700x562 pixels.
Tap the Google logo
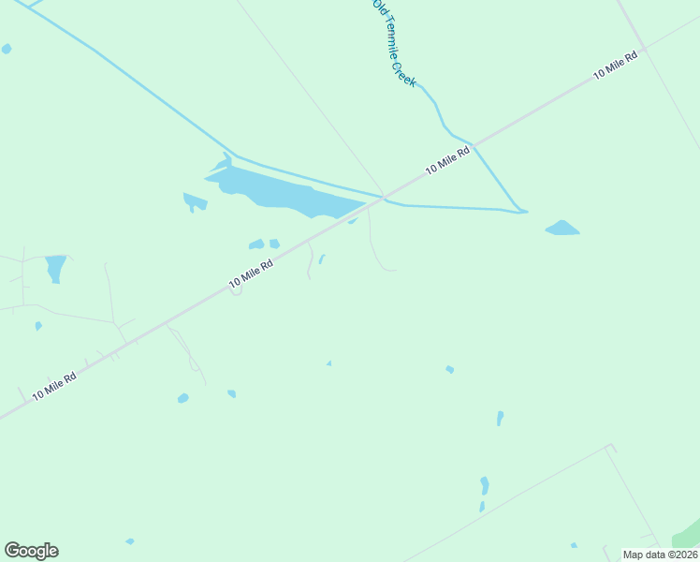tap(31, 551)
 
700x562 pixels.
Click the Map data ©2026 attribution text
tap(660, 555)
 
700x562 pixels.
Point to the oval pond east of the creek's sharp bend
tap(561, 228)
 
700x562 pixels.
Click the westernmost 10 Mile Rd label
tap(53, 384)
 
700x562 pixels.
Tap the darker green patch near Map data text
tap(688, 537)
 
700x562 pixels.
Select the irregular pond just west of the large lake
tap(195, 200)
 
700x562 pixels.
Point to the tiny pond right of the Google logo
tap(130, 541)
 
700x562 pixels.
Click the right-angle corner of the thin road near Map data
tap(612, 447)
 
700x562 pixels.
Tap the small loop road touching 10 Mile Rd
tap(236, 291)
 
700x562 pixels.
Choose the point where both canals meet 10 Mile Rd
tap(383, 197)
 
